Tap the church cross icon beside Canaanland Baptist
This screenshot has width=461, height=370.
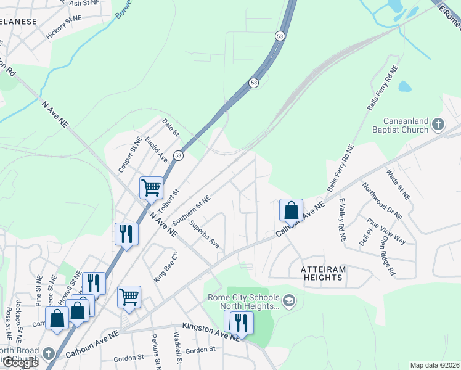[438, 125]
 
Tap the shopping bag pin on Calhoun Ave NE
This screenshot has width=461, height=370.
[291, 210]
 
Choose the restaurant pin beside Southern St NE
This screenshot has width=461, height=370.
[126, 234]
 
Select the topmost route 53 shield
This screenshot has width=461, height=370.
[280, 37]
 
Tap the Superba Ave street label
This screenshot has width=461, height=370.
[205, 234]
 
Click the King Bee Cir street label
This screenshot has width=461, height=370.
[166, 264]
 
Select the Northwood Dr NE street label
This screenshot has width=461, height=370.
[382, 201]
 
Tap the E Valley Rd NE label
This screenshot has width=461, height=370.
[341, 220]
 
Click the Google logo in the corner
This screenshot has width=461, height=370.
[20, 363]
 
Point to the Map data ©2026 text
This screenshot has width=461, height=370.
[434, 365]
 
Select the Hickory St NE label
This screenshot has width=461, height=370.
[64, 27]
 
